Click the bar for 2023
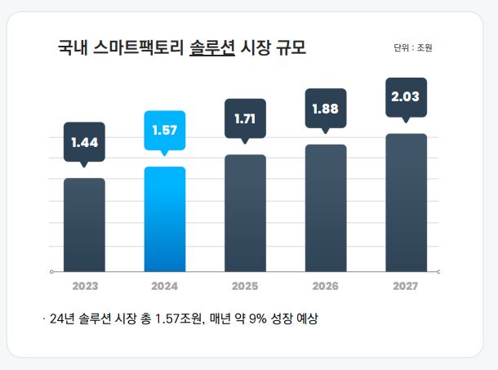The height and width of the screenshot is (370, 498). pos(84,225)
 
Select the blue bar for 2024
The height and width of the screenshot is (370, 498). pos(164,219)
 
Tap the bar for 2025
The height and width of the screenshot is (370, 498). pos(245,212)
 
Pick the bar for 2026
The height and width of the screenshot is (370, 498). pos(326,207)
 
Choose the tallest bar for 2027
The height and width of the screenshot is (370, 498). pos(406,202)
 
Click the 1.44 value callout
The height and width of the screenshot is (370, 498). pos(84,143)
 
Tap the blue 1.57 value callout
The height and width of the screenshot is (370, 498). pos(164,131)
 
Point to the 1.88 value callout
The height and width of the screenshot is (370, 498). pos(326,109)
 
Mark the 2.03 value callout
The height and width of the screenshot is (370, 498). pos(406,97)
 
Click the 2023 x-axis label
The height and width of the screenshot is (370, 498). pos(84,287)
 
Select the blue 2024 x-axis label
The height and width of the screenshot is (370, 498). pos(164,287)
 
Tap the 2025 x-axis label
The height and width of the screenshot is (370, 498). pos(245,287)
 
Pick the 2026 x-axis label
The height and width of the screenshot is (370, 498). pos(326,287)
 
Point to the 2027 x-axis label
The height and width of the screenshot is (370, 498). pos(406,287)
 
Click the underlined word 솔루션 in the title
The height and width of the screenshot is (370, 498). pos(211,47)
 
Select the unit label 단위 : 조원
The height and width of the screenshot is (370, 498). pos(412,47)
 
